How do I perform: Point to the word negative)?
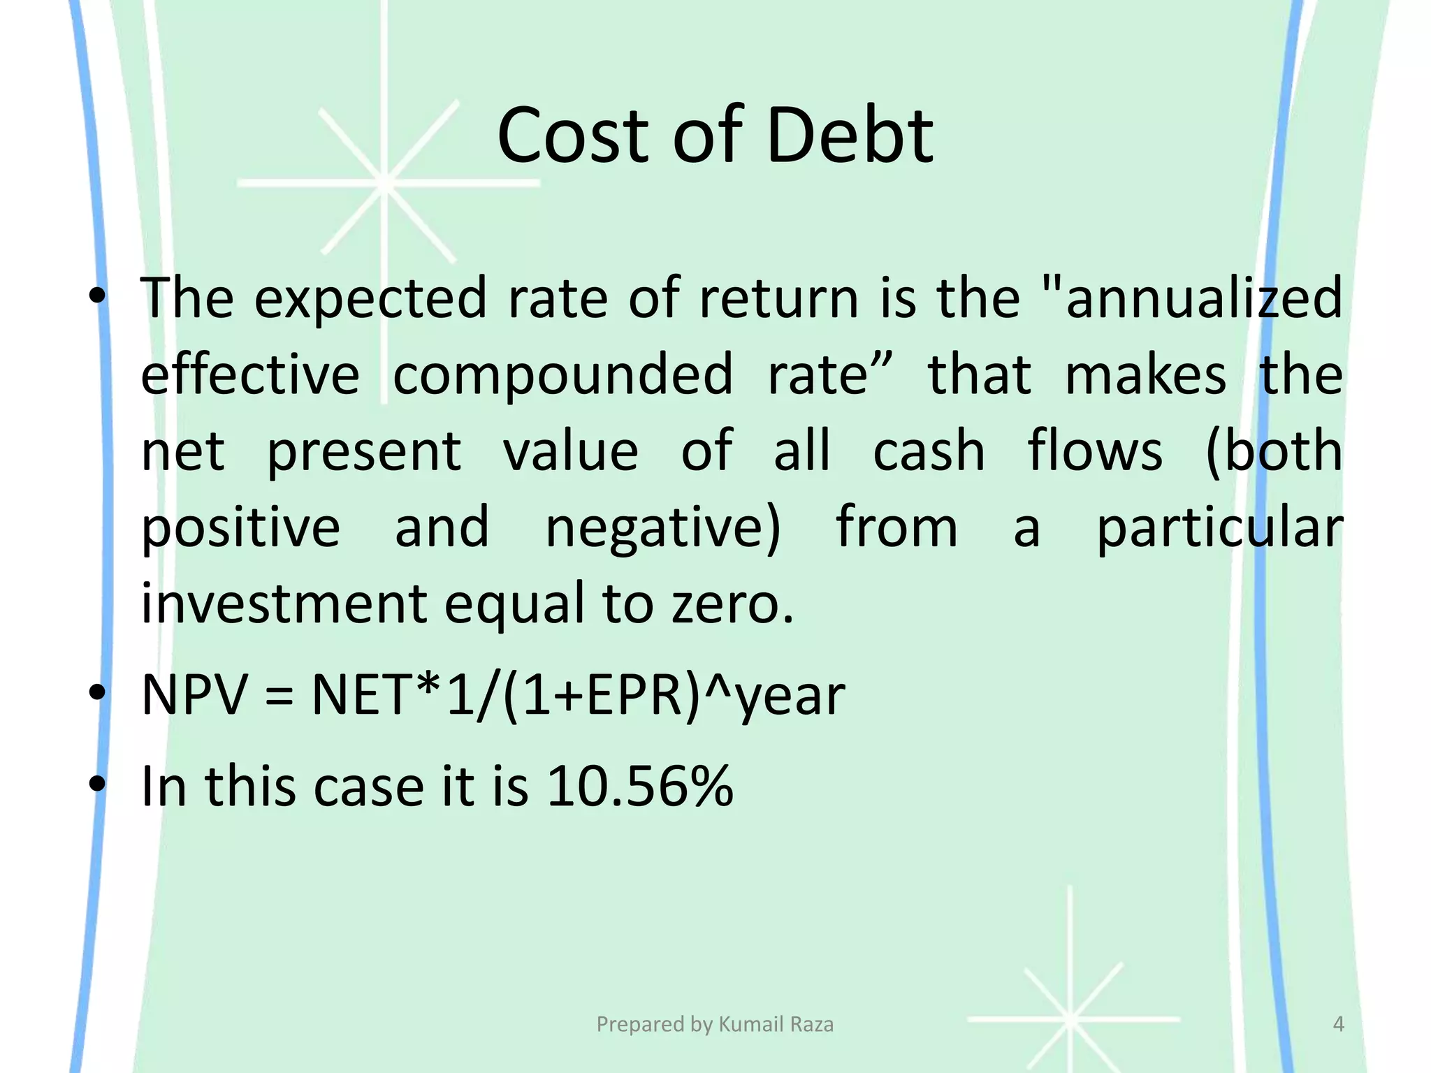coord(662,528)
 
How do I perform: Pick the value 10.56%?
coord(639,787)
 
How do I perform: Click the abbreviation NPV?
coord(194,696)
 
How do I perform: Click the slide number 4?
coord(1338,1024)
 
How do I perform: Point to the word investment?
coord(284,604)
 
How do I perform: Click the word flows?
coord(1095,451)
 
